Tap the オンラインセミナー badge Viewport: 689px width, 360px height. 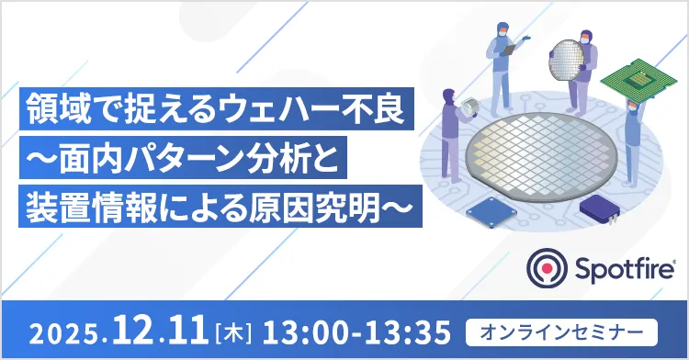tap(562, 328)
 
